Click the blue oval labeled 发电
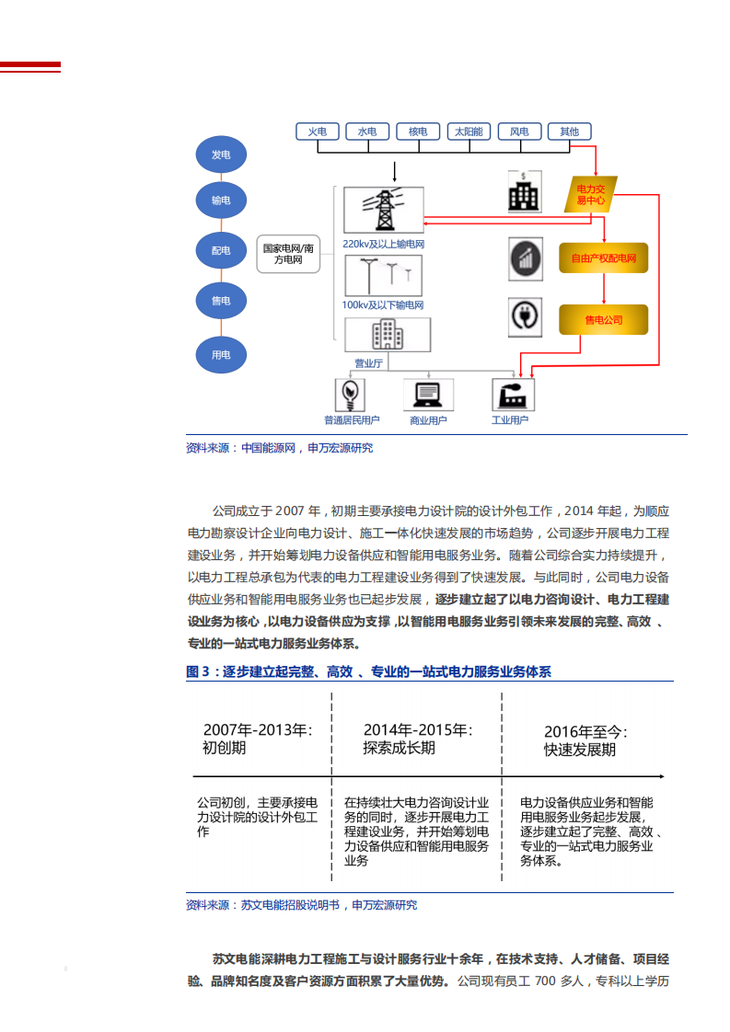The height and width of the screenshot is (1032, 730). click(221, 155)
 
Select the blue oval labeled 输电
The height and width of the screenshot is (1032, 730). click(221, 201)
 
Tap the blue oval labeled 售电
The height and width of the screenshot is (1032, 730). click(221, 301)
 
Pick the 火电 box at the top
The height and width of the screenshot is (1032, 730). click(318, 132)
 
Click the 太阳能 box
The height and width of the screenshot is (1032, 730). click(469, 132)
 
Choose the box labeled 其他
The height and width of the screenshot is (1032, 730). click(569, 132)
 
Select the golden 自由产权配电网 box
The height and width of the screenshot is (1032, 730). click(604, 258)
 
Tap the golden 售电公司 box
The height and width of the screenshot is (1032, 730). click(604, 320)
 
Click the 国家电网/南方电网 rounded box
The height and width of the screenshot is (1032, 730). click(288, 254)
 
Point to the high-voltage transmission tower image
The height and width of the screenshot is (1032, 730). click(383, 211)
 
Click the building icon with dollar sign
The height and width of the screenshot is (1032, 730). click(524, 192)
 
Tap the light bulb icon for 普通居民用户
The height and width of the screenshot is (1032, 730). click(351, 395)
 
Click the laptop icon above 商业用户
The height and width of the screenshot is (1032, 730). click(428, 395)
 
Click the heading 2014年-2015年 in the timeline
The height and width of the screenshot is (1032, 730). click(417, 729)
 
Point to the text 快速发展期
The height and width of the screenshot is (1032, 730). click(579, 750)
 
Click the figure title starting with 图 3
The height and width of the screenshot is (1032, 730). click(368, 672)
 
